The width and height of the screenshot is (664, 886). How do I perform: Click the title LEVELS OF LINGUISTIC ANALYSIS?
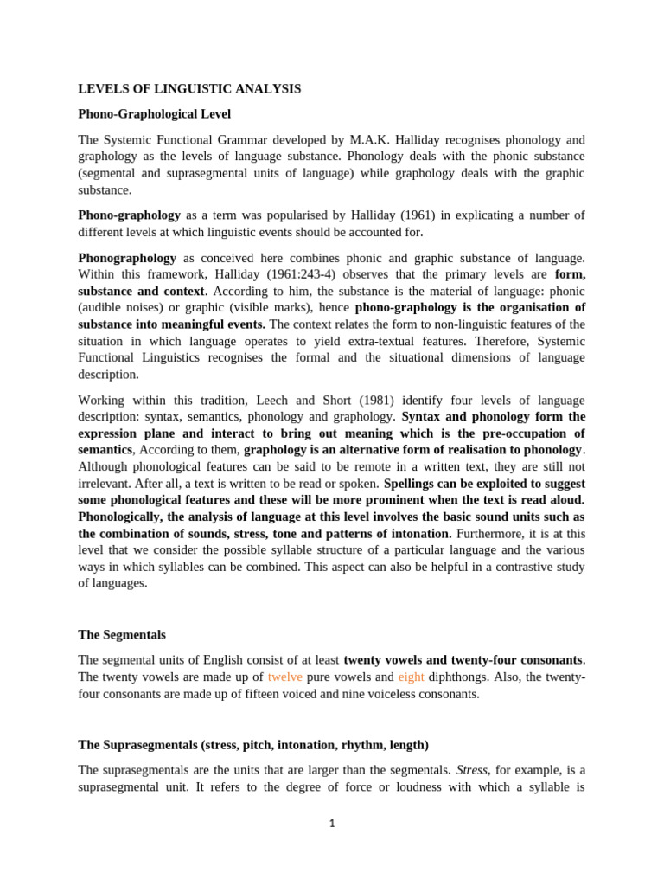(x=189, y=88)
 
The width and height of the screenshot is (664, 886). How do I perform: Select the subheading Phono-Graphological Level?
(x=154, y=113)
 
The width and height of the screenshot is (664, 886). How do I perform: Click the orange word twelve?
(x=285, y=677)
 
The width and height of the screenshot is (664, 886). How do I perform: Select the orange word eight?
(x=411, y=677)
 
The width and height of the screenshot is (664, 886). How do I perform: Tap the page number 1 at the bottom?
(x=332, y=824)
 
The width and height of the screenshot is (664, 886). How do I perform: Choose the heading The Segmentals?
(x=121, y=634)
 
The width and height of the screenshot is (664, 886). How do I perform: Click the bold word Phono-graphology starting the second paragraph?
(x=129, y=215)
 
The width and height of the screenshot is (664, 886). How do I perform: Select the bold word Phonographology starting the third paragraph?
(x=127, y=258)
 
